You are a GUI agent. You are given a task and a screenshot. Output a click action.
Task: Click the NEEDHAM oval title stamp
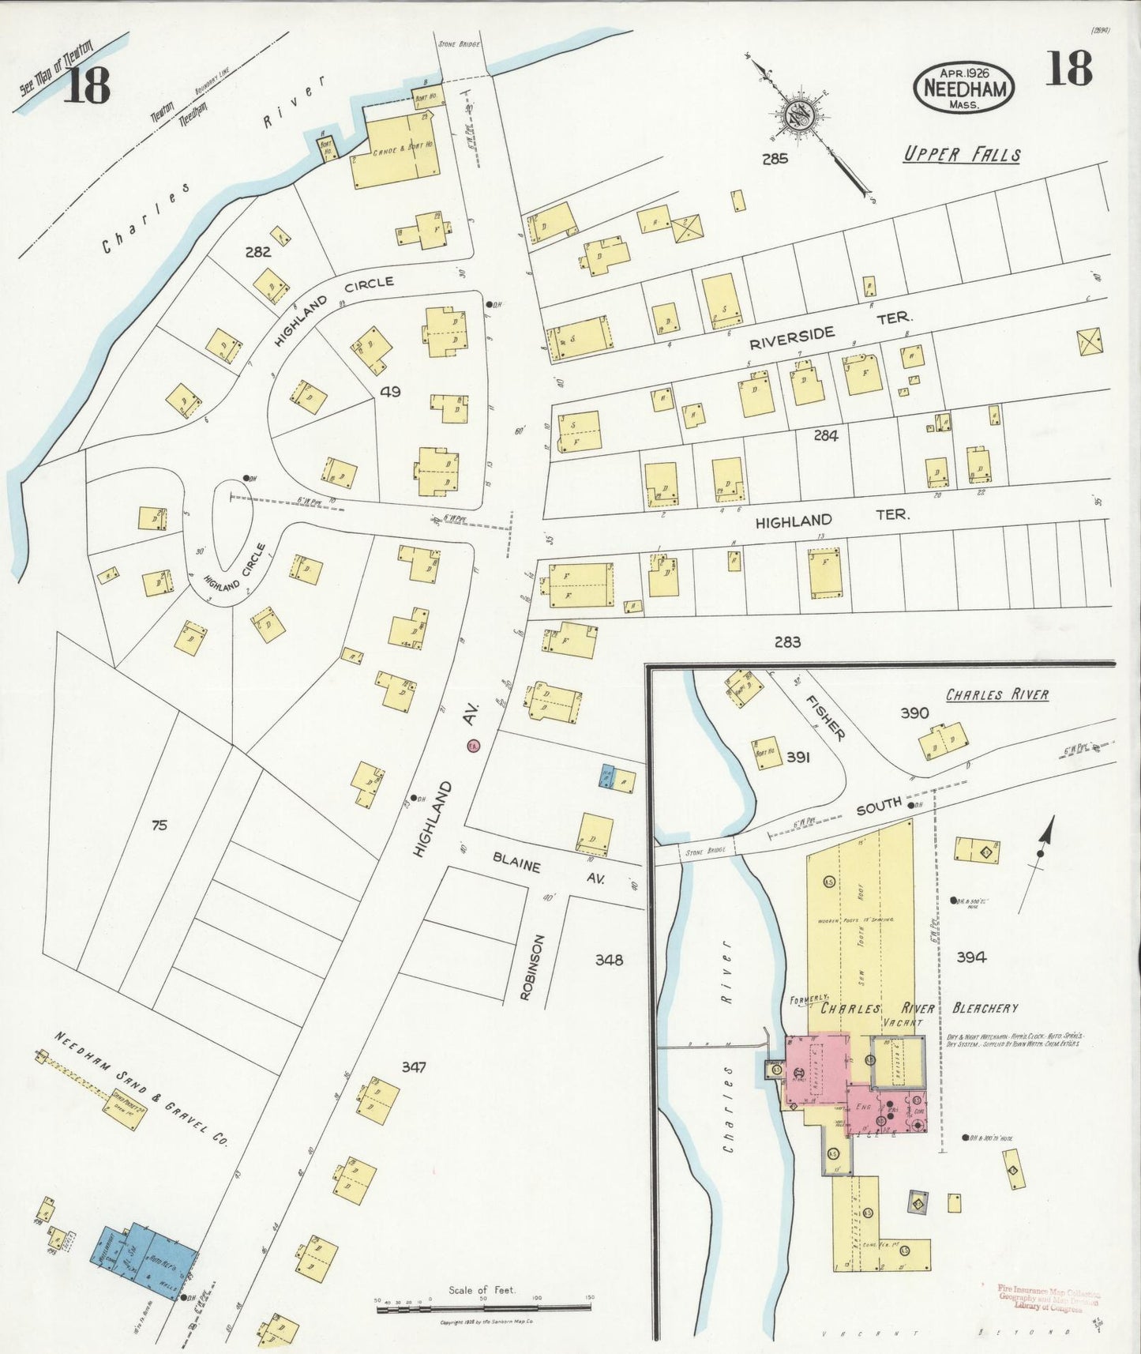pyautogui.click(x=963, y=87)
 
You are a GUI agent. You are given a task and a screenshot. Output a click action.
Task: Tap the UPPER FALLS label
pyautogui.click(x=962, y=155)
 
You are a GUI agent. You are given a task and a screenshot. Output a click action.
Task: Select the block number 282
pyautogui.click(x=257, y=252)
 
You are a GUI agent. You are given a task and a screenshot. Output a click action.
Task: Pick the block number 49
pyautogui.click(x=391, y=391)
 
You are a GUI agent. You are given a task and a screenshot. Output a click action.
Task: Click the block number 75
pyautogui.click(x=160, y=826)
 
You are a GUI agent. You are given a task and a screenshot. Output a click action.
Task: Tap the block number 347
pyautogui.click(x=413, y=1066)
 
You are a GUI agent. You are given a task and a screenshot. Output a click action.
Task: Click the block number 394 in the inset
pyautogui.click(x=970, y=957)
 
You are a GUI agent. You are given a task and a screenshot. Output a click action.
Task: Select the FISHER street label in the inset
pyautogui.click(x=825, y=717)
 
